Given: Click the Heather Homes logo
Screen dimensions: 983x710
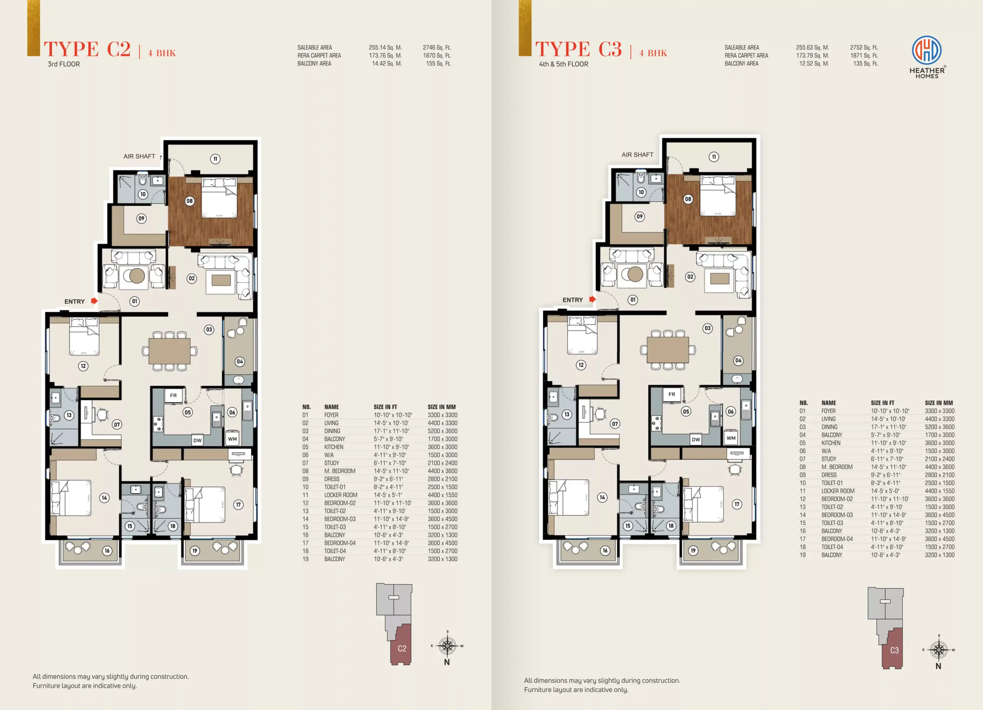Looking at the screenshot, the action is [927, 57].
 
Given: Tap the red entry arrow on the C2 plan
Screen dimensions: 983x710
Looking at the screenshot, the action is [94, 301].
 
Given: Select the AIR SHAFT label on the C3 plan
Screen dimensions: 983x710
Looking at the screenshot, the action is [637, 155].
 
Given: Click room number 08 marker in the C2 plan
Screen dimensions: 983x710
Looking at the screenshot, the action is [189, 201].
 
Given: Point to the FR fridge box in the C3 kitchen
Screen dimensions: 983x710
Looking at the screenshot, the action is [671, 394].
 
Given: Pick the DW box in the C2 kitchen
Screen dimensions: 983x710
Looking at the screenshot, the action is [197, 440].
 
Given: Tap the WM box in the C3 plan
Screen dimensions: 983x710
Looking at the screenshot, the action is [731, 438].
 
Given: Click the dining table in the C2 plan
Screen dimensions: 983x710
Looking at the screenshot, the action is [169, 351].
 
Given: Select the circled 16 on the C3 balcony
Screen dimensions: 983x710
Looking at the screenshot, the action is [605, 551].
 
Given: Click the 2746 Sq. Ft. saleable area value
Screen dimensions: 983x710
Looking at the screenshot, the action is [437, 48].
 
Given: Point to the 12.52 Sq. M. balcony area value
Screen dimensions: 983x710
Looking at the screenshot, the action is [814, 64].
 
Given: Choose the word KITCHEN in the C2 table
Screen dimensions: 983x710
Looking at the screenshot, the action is [334, 447].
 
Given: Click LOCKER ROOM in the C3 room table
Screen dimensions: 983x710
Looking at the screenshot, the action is [838, 491].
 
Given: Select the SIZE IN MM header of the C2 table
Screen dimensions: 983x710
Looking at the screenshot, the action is [442, 407].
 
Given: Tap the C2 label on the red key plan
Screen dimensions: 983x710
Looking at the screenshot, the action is [402, 649].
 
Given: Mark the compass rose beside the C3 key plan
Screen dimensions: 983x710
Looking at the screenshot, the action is [939, 650].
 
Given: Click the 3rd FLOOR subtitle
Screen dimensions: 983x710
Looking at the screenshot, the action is [64, 64].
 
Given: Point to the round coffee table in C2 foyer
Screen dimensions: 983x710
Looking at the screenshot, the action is [137, 276].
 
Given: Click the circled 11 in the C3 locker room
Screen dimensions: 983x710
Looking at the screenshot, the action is [713, 157].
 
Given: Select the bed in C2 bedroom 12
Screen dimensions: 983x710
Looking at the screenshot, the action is [84, 336].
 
